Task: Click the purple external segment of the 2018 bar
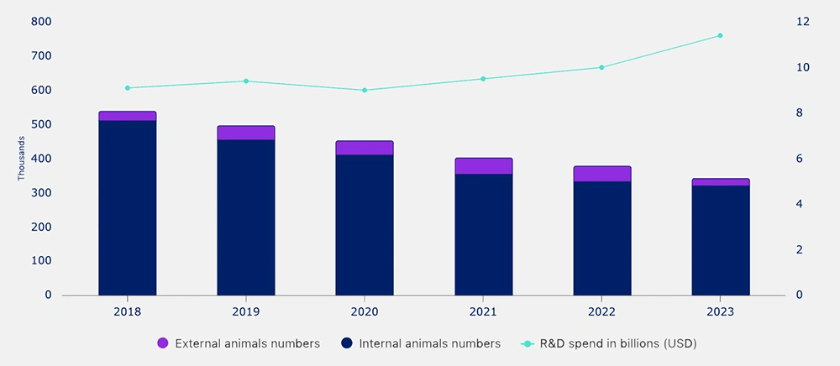coord(127,116)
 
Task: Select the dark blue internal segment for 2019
coord(245,217)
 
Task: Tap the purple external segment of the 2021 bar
coord(483,166)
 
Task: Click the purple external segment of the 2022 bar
coord(601,174)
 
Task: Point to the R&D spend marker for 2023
coord(720,35)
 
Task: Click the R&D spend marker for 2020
coord(365,90)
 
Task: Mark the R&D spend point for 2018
coord(127,87)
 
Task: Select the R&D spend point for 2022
coord(601,67)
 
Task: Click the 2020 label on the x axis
coord(365,311)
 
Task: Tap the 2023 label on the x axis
coord(720,311)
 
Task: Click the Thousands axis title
coord(21,159)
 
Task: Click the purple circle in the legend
coord(163,343)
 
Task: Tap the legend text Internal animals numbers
coord(429,343)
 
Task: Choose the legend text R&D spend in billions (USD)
coord(617,343)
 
